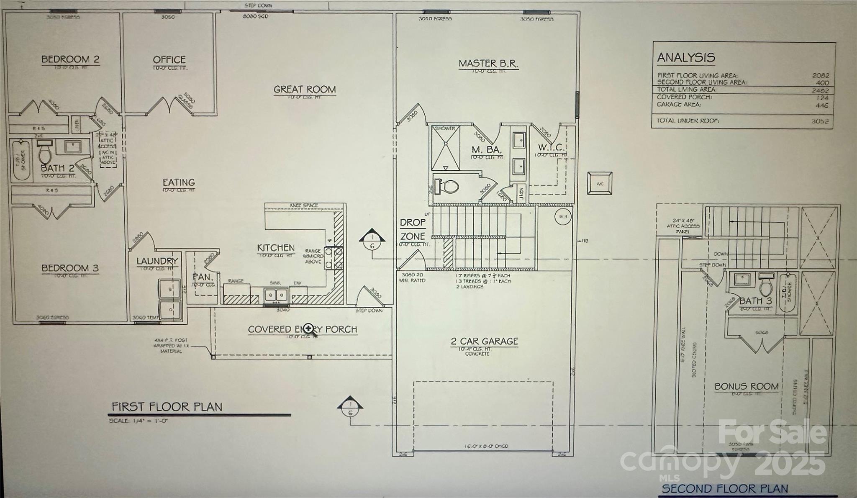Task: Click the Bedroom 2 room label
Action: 70,59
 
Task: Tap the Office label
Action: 169,60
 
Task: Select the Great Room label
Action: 305,90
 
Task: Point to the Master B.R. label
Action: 488,64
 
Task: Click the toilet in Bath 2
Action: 44,152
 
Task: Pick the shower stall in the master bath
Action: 446,148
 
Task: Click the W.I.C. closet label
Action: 551,148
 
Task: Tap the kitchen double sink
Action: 276,295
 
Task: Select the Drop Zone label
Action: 413,229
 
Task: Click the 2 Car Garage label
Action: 484,341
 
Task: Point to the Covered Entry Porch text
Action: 302,329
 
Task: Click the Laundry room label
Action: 157,261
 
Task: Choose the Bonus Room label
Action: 747,387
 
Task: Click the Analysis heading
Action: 686,58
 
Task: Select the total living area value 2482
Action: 820,90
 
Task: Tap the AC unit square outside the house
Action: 600,183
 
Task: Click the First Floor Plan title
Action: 167,407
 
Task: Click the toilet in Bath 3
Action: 766,285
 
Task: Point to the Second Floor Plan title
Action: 725,488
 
